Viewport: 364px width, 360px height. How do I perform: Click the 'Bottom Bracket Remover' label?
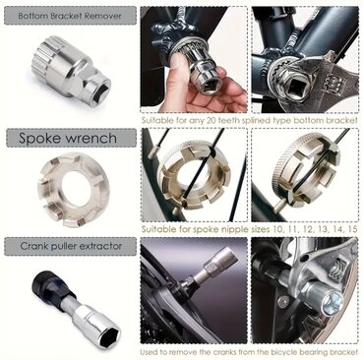pyautogui.click(x=70, y=16)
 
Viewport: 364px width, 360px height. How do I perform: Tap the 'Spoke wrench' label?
pyautogui.click(x=68, y=138)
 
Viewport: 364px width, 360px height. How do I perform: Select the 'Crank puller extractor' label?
pyautogui.click(x=71, y=246)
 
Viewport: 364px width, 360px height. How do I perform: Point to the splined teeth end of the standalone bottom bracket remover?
pyautogui.click(x=46, y=56)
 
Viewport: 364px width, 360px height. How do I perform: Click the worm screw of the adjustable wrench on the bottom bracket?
pyautogui.click(x=332, y=86)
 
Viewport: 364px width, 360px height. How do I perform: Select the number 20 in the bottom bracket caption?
pyautogui.click(x=212, y=120)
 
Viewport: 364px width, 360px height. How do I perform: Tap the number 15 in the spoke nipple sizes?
pyautogui.click(x=352, y=229)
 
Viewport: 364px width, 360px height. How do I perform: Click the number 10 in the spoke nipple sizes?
pyautogui.click(x=277, y=229)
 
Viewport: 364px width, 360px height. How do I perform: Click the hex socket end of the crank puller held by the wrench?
pyautogui.click(x=332, y=301)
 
